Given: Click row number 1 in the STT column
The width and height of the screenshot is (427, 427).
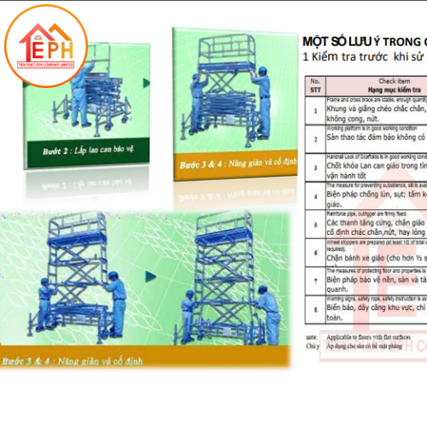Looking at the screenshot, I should click(x=315, y=113).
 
